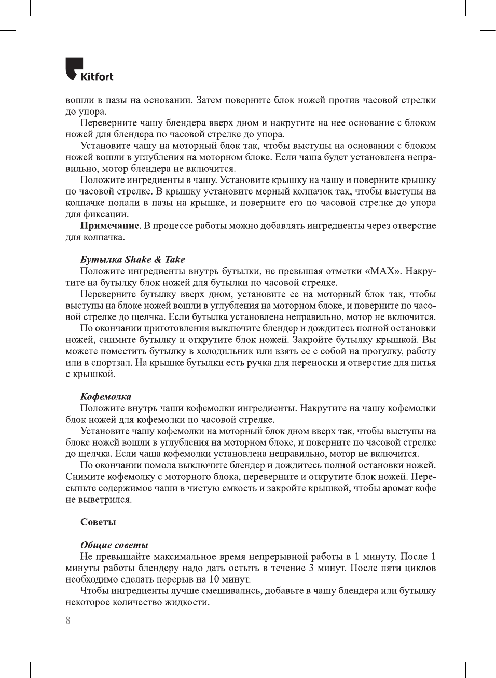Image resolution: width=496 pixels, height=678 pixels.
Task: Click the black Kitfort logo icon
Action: coord(74,68)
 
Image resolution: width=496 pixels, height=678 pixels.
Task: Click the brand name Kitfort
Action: coord(97,77)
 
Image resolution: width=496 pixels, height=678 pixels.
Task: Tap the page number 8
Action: coord(68,620)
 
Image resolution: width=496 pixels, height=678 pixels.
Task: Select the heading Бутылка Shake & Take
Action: coord(132,259)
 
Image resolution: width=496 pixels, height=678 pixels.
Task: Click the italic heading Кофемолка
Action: coord(106,396)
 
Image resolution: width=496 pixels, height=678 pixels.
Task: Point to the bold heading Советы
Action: coord(98,522)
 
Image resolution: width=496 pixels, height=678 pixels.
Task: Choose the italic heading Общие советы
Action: coord(114,545)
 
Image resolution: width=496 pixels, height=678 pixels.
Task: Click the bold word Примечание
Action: coord(109,225)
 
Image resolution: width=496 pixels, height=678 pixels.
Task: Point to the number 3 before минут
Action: coord(311,568)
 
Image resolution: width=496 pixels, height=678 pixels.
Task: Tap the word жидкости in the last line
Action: coord(187,602)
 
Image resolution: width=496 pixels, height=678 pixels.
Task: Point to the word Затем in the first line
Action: coord(209,100)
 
